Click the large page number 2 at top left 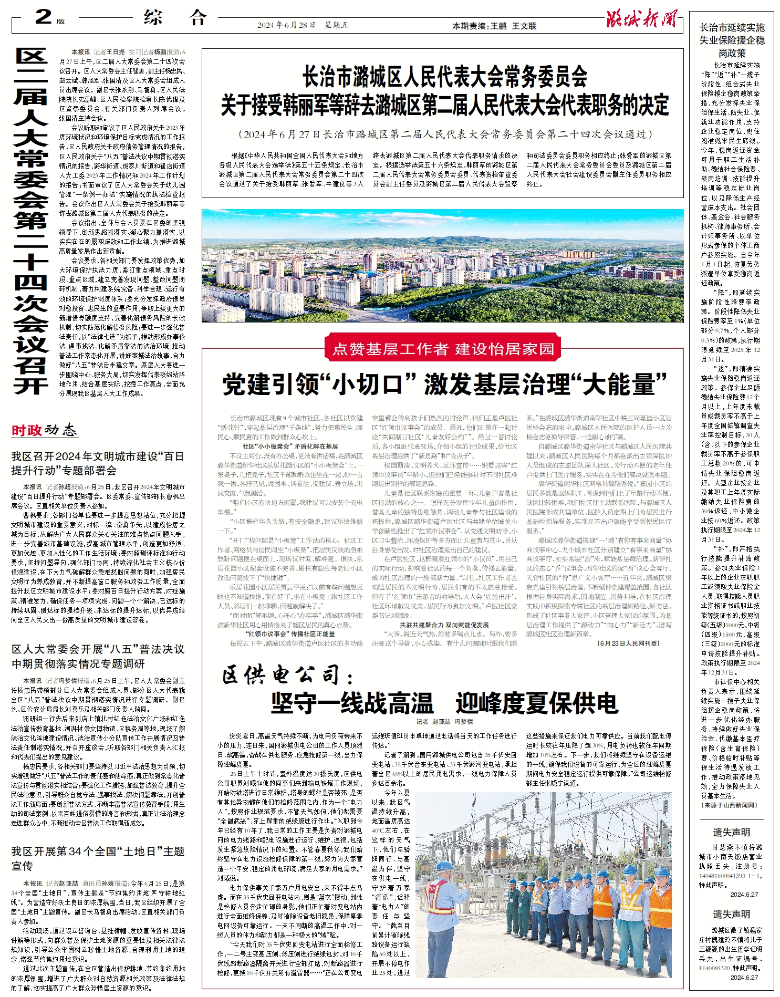coord(44,17)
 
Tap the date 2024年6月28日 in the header coord(286,25)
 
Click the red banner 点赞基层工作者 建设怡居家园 coord(443,349)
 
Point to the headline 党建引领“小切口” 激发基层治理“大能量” coord(444,384)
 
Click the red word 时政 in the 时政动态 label coord(26,431)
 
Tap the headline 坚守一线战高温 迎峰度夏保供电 coord(444,702)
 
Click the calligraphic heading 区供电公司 coord(286,676)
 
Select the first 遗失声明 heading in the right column coord(731,833)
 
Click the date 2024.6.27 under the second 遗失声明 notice coord(744,978)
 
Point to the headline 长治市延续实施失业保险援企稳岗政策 coord(732,40)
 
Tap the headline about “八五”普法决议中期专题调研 coord(98,656)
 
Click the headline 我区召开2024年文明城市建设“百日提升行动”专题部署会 coord(98,463)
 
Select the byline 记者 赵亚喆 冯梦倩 coord(444,722)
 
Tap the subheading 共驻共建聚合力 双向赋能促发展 coord(444,625)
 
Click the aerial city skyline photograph coord(442,265)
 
